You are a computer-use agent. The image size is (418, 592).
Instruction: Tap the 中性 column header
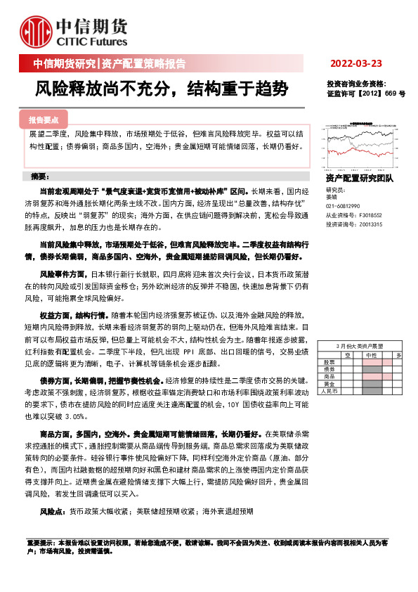point(370,356)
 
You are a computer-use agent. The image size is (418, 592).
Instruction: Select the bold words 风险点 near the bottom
point(53,512)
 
